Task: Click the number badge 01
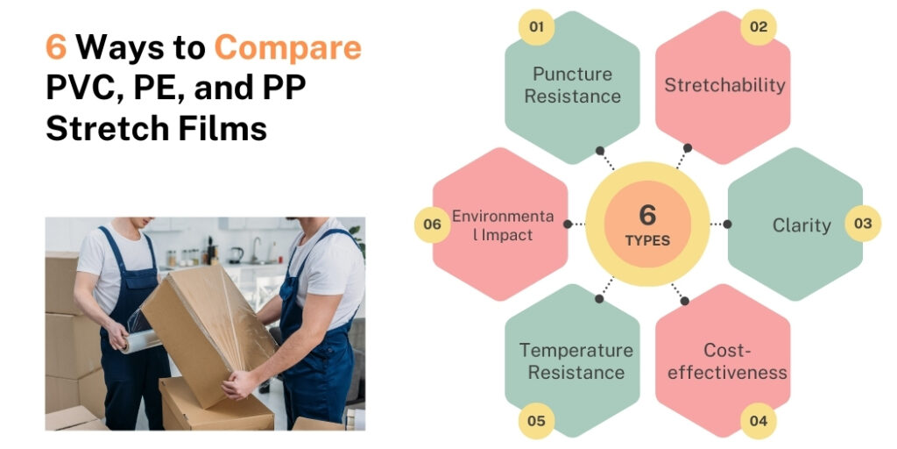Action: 536,27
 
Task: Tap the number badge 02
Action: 758,27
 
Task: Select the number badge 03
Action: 863,224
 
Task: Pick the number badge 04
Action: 758,421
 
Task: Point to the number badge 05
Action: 536,421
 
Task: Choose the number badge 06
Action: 432,224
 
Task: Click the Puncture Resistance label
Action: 573,85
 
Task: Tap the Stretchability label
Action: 724,85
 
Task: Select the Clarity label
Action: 801,225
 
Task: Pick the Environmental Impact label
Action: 503,225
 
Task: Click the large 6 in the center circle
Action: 647,214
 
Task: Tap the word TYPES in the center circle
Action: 647,240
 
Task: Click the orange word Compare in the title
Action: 287,47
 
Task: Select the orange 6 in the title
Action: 56,47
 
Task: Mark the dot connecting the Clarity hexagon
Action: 727,224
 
